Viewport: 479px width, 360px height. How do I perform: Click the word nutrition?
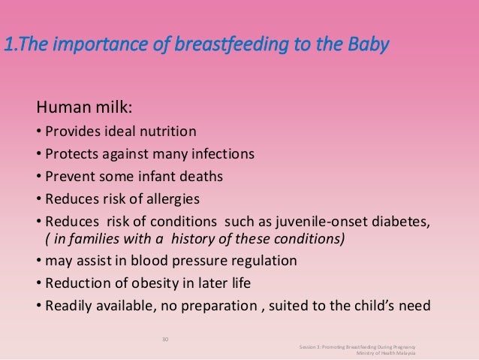point(167,132)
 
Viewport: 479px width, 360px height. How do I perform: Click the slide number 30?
point(166,339)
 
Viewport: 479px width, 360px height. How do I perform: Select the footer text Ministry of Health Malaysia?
point(384,352)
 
